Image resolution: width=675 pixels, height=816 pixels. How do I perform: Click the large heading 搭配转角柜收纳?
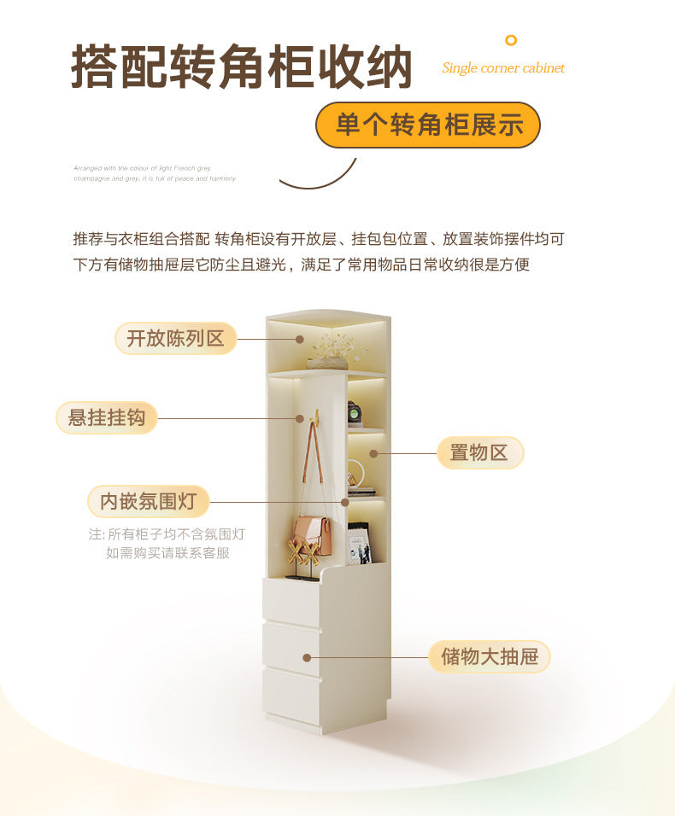point(242,67)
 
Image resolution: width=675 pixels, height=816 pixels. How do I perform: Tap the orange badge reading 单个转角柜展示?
point(428,125)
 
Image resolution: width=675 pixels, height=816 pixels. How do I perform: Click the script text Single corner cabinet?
point(503,68)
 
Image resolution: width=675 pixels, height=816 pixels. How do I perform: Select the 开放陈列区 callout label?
point(176,338)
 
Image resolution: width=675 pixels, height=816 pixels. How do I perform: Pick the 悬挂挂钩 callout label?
point(107,417)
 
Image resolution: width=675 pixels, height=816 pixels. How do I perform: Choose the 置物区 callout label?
point(479,452)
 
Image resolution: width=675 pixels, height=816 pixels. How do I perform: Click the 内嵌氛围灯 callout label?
point(148,501)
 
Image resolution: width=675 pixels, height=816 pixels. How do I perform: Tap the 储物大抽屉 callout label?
point(490,656)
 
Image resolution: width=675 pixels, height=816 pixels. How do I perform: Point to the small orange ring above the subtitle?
point(511,40)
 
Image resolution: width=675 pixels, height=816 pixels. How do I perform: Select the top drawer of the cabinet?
point(292,602)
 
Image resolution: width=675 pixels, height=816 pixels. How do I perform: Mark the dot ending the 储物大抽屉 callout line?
point(307,657)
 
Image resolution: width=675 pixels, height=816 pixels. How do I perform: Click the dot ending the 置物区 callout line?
point(373,453)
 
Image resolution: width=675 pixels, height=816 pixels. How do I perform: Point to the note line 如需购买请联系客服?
point(167,553)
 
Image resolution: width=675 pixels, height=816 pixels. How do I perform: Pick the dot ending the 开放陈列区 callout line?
point(301,339)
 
